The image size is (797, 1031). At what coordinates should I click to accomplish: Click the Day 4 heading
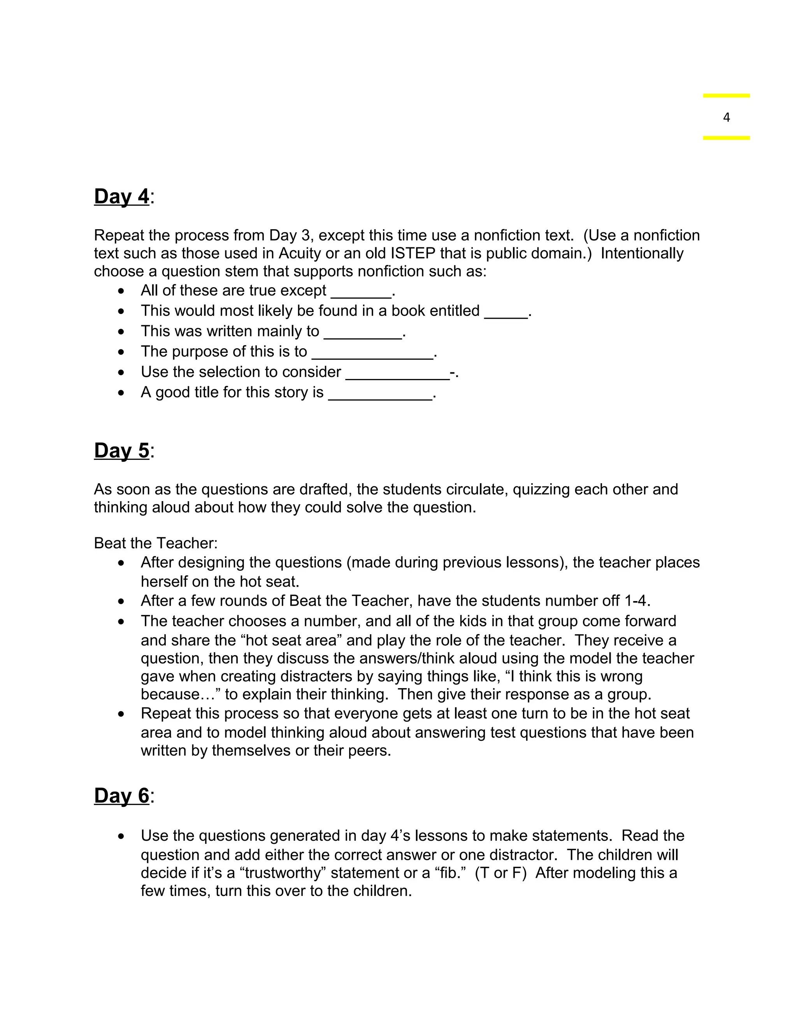coord(122,196)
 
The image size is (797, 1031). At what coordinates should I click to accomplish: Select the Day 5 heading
coord(122,451)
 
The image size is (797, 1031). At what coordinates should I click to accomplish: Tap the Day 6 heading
coord(122,796)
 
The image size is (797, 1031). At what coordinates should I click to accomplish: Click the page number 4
coord(726,117)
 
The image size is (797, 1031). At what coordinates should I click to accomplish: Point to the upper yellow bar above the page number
coord(726,96)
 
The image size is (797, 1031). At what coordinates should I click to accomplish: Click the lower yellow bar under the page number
coord(726,138)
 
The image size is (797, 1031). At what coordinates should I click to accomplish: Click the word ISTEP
coord(413,254)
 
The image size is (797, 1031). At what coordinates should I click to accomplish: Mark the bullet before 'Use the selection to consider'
coord(122,372)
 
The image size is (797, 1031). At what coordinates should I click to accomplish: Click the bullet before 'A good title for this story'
coord(122,393)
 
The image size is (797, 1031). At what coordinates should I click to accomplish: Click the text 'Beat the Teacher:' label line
coord(156,544)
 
